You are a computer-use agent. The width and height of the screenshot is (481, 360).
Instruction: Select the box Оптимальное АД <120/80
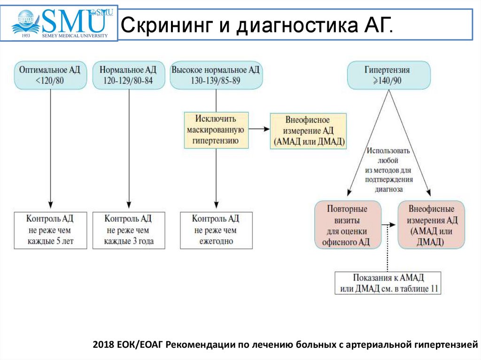50,75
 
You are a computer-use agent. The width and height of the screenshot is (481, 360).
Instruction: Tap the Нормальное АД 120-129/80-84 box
129,75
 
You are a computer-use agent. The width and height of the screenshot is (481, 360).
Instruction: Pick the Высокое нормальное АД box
216,75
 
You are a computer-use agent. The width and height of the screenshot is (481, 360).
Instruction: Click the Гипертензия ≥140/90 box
388,75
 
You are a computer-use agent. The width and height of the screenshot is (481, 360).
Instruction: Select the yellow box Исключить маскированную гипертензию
216,130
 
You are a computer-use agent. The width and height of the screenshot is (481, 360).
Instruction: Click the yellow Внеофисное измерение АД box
308,131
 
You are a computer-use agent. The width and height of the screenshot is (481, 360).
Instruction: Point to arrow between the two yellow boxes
259,129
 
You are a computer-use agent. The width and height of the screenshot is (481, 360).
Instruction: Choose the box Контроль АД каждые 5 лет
50,230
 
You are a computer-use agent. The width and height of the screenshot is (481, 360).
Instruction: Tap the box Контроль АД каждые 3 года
129,230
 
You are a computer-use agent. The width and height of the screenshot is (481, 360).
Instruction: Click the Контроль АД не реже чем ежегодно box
216,230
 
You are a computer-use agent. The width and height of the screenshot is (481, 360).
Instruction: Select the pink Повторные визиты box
348,225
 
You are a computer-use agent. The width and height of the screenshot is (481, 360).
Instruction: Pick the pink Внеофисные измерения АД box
431,225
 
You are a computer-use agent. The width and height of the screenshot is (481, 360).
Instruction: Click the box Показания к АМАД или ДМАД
388,283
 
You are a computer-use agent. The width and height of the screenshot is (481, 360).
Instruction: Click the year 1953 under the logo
26,36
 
